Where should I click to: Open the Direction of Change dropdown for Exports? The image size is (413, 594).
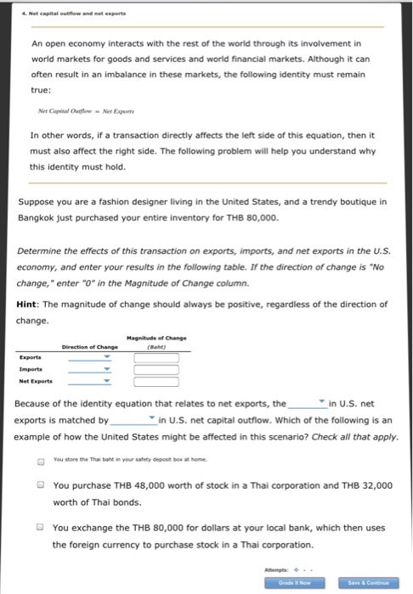90,357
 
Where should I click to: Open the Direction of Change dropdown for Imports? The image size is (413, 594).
90,369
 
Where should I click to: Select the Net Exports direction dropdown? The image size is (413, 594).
90,381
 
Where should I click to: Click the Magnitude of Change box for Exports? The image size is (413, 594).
156,357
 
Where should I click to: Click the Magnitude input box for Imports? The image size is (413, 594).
156,369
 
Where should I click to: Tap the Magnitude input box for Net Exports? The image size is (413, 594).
156,381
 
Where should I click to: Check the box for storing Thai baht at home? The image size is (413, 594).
40,462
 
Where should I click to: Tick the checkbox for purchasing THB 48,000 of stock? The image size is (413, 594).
40,485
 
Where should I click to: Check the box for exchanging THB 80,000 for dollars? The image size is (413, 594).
40,527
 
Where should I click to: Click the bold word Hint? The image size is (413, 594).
31,304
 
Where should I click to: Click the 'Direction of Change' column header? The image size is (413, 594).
89,345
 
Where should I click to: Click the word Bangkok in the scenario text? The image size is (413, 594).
41,218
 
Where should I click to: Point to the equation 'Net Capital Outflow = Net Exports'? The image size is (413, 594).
82,111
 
